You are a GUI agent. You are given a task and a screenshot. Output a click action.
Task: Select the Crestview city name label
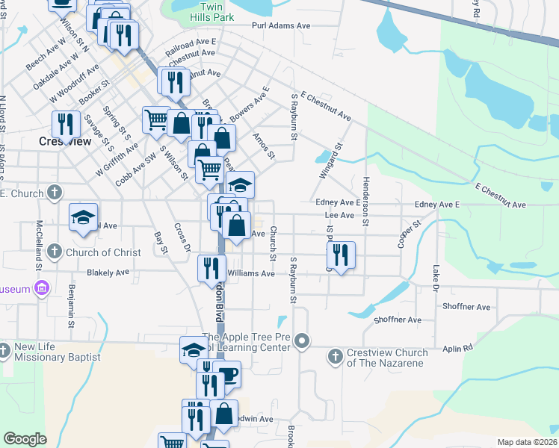pyautogui.click(x=65, y=141)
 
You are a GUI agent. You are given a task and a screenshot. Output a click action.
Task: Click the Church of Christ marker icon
pyautogui.click(x=54, y=252)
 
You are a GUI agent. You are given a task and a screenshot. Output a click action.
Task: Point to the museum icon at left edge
pyautogui.click(x=41, y=289)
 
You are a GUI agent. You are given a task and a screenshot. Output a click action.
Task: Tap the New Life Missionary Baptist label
pyautogui.click(x=57, y=352)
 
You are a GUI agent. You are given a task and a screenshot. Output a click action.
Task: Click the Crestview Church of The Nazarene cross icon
pyautogui.click(x=336, y=357)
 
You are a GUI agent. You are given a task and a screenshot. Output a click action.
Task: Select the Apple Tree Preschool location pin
pyautogui.click(x=302, y=341)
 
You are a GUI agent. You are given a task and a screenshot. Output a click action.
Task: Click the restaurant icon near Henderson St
pyautogui.click(x=340, y=255)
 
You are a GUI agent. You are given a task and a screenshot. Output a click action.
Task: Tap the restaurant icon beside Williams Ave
pyautogui.click(x=211, y=268)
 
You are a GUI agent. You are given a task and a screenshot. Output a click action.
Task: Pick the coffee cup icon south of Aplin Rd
pyautogui.click(x=227, y=375)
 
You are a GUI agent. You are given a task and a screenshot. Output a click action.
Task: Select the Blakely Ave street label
pyautogui.click(x=108, y=273)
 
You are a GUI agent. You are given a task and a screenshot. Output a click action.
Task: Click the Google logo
pyautogui.click(x=25, y=439)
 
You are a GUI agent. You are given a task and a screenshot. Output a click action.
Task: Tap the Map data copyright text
pyautogui.click(x=528, y=442)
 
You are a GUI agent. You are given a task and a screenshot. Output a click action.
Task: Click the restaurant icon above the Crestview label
pyautogui.click(x=66, y=124)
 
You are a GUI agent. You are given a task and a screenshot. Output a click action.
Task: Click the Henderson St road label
pyautogui.click(x=365, y=200)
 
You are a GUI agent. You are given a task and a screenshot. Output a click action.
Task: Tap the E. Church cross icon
pyautogui.click(x=54, y=193)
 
